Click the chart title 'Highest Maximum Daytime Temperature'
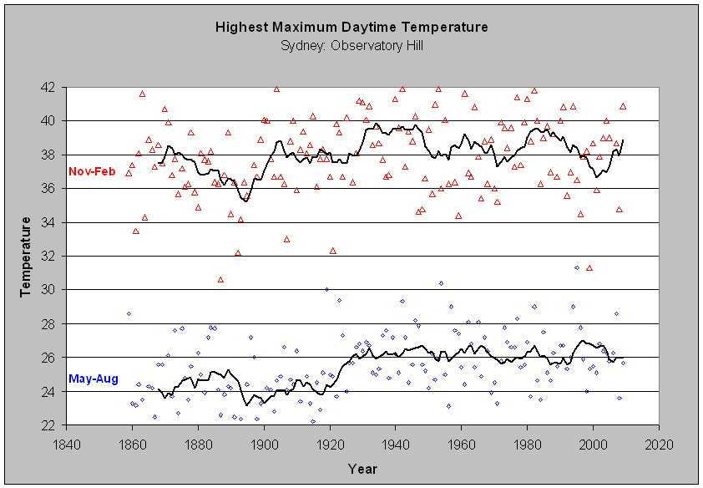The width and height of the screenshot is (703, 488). click(351, 28)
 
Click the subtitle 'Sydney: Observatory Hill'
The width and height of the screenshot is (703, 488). click(351, 44)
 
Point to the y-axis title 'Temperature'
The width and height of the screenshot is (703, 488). click(26, 257)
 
